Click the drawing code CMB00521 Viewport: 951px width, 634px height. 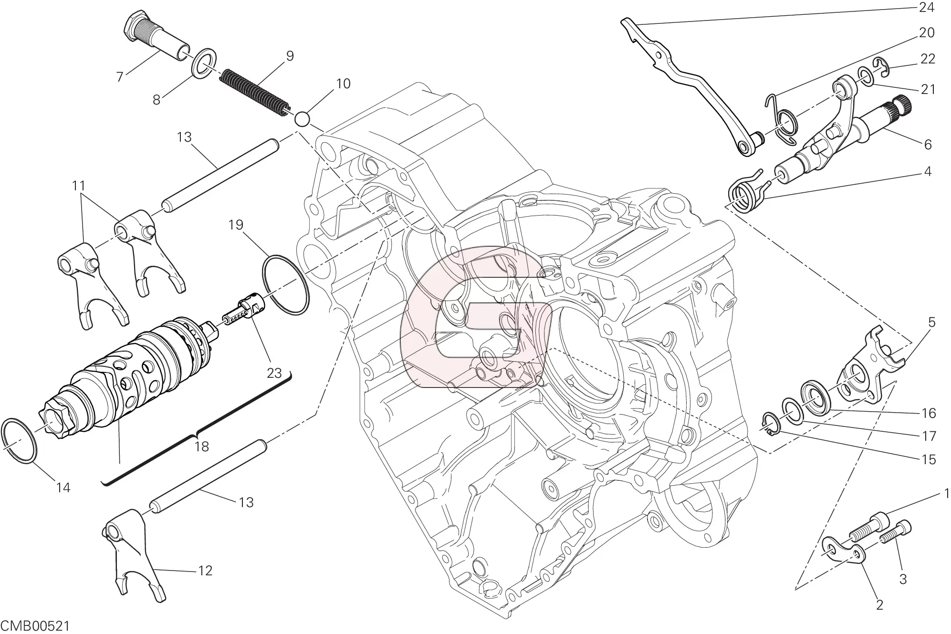click(35, 625)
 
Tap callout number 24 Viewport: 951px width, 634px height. click(927, 7)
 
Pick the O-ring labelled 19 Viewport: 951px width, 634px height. click(285, 285)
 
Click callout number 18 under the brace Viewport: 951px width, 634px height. click(202, 447)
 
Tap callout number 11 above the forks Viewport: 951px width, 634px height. click(78, 185)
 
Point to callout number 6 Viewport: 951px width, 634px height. click(928, 144)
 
